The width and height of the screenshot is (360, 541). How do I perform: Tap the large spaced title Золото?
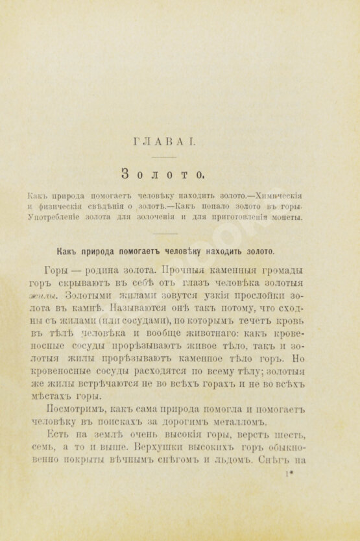(163, 173)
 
